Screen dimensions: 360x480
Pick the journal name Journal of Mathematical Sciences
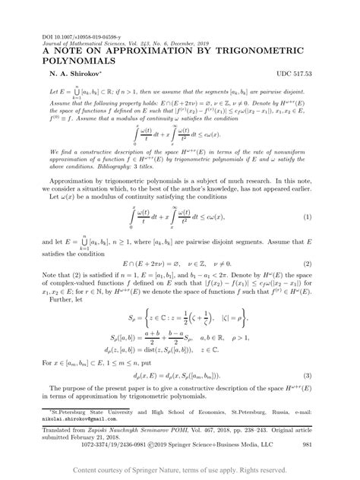click(84, 43)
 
